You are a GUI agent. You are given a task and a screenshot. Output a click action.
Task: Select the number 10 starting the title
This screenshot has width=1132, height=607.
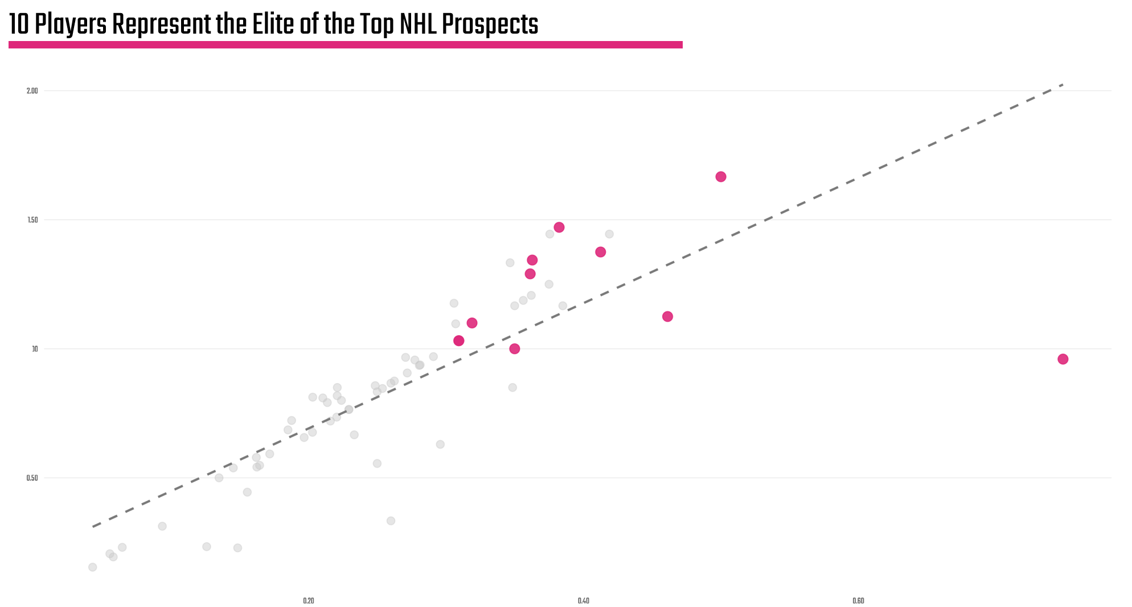tap(19, 25)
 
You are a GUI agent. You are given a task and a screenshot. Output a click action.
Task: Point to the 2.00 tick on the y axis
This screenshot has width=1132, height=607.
tap(32, 91)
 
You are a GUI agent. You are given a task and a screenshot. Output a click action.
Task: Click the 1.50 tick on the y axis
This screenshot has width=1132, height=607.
tap(32, 220)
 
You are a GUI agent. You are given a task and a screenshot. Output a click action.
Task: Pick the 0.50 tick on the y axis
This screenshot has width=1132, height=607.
tap(32, 478)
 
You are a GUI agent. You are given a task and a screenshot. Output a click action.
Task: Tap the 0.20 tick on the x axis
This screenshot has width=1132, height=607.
tap(309, 601)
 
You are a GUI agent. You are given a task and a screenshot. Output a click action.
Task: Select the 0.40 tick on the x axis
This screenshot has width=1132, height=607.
tap(583, 601)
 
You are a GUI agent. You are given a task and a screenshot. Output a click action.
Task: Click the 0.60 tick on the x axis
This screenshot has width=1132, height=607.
tap(858, 601)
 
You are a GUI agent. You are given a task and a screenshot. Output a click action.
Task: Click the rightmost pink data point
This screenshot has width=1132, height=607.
tap(1063, 359)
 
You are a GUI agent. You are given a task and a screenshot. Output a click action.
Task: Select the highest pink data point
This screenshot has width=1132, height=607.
tap(721, 177)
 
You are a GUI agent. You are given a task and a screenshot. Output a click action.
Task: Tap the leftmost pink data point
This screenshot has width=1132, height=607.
tap(459, 341)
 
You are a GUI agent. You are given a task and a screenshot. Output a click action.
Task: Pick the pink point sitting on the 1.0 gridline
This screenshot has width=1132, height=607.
tap(515, 349)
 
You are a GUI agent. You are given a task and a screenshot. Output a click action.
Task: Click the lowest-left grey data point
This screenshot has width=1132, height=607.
tap(93, 567)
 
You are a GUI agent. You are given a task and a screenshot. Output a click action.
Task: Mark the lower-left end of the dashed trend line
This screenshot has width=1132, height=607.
tap(93, 526)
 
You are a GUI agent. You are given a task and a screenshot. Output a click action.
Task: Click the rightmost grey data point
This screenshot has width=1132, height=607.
tap(609, 234)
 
